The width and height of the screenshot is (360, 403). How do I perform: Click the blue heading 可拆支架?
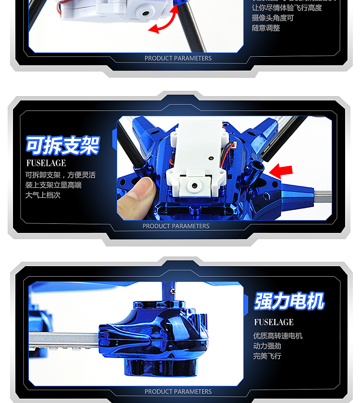click(x=62, y=146)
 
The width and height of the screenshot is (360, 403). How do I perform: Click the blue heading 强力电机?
click(x=289, y=302)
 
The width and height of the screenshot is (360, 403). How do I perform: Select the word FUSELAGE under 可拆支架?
click(x=46, y=163)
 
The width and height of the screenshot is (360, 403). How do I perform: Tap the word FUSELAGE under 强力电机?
click(x=274, y=322)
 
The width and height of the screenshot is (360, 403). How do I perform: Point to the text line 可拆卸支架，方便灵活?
click(x=60, y=175)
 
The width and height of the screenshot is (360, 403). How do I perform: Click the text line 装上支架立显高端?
click(x=53, y=185)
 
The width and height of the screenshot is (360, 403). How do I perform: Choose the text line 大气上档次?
click(x=43, y=195)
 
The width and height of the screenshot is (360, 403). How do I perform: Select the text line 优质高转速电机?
click(x=278, y=336)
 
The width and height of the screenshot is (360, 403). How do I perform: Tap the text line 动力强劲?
click(x=267, y=346)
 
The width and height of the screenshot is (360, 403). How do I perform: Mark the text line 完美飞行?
click(x=267, y=356)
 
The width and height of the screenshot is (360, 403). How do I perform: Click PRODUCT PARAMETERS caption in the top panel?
click(x=178, y=58)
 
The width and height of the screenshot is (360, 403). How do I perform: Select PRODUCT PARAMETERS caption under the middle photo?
click(x=176, y=226)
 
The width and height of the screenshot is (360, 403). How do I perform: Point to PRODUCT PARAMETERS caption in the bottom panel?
click(x=178, y=391)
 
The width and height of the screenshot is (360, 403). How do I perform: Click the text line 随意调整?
click(x=266, y=28)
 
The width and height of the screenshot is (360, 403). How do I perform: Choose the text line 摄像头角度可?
click(x=273, y=18)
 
